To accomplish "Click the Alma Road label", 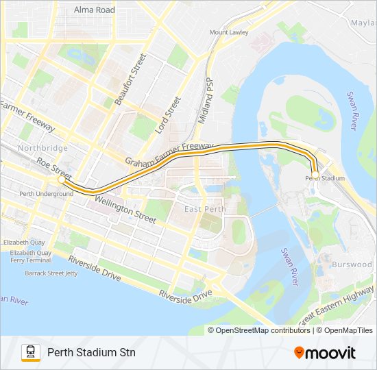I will click(x=95, y=10).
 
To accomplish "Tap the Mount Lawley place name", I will click(x=229, y=32).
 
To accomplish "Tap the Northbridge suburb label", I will click(x=42, y=148).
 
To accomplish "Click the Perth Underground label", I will click(x=46, y=194).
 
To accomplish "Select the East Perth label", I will click(x=202, y=208).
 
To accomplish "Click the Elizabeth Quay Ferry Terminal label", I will click(x=30, y=256).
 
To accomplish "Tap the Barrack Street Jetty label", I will click(x=49, y=272).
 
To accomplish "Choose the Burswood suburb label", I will click(x=351, y=264).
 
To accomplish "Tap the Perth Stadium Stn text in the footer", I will click(x=91, y=352).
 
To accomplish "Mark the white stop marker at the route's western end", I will click(x=61, y=182).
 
